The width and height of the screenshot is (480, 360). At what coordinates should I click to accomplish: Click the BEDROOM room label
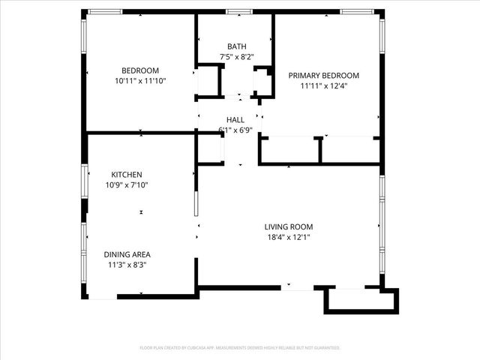141,70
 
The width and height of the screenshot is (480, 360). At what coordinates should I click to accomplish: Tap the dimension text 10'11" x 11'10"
141,80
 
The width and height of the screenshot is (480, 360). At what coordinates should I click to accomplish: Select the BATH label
237,46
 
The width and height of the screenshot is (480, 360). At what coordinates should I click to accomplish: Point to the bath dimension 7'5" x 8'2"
237,56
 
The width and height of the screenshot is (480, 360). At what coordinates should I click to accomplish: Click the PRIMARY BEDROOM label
324,75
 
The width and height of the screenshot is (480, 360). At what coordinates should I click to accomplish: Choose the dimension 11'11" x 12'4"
324,85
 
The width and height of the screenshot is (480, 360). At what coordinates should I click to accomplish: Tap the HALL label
235,119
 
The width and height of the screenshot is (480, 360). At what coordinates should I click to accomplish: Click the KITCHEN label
127,175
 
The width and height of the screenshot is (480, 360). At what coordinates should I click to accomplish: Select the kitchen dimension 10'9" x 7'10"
127,184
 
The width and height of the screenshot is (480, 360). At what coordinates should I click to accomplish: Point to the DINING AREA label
127,254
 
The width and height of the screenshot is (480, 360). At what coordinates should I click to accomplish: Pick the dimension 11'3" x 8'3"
127,264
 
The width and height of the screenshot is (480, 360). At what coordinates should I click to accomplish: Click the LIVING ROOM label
289,226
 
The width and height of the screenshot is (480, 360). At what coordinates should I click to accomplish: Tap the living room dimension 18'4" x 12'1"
289,237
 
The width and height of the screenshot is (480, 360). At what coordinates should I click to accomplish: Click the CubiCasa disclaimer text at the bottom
240,348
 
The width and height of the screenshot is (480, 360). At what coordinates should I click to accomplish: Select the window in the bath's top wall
238,12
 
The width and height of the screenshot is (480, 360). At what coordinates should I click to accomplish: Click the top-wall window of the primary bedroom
357,12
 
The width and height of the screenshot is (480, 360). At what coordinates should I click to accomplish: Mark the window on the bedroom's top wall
104,12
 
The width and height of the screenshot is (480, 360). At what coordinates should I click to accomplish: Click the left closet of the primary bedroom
289,150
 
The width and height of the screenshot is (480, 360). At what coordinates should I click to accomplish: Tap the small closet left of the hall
210,149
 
